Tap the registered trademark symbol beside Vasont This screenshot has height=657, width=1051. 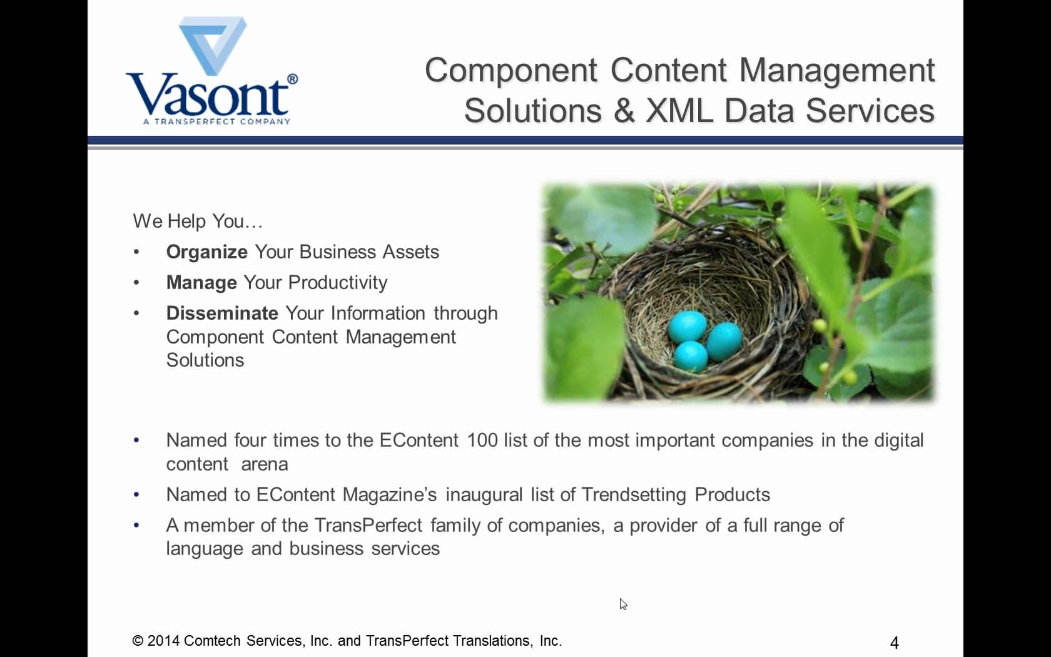coord(292,79)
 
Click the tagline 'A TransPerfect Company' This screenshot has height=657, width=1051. coord(216,121)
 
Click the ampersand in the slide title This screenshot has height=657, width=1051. coord(624,111)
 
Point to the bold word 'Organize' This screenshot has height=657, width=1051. coord(207,252)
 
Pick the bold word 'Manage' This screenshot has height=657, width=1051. coord(201,283)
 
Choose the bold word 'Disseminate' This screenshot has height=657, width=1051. coord(223,313)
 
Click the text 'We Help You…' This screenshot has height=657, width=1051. coord(198,221)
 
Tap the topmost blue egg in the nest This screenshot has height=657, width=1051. coord(688,326)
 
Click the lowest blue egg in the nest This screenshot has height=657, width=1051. coord(691,356)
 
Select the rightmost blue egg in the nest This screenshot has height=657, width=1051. coord(724,340)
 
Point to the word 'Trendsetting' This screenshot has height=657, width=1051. coord(634,494)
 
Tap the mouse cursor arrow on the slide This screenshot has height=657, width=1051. coord(622,604)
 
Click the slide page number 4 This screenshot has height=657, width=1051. coord(895,643)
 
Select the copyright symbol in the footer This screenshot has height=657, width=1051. coord(138,641)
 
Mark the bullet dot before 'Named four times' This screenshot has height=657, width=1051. coord(136,441)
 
